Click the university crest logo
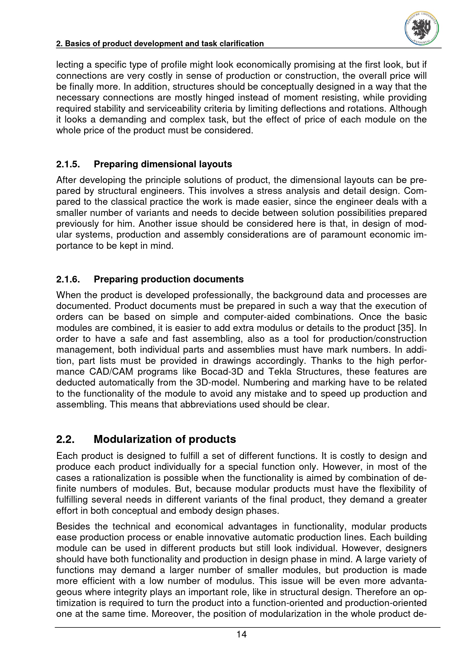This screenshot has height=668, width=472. tap(422, 29)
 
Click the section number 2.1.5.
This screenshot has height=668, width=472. tap(68, 165)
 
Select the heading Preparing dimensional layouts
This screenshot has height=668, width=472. tap(163, 165)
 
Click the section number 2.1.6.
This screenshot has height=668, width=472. tap(68, 279)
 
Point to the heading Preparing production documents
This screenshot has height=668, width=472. tap(169, 279)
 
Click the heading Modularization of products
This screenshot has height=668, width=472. tap(164, 439)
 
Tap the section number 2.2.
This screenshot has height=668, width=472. tap(65, 439)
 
